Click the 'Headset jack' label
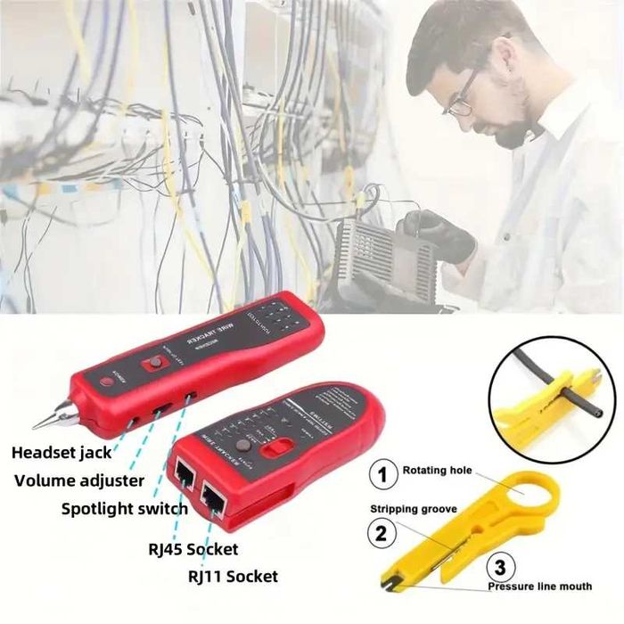coord(62,453)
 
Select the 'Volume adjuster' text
coord(79,481)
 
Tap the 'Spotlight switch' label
coord(124,509)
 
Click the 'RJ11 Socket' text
coord(232,576)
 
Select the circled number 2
coord(382,534)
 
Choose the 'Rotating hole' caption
coord(437,470)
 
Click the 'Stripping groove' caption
coord(414,509)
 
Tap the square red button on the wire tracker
coord(153,363)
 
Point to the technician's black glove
coord(437,234)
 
